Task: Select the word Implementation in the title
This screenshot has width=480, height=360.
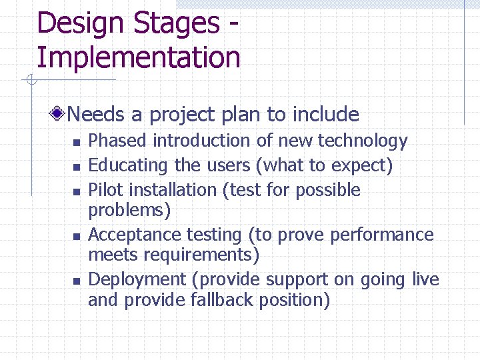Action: (138, 57)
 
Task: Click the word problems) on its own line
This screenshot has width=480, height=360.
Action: (129, 211)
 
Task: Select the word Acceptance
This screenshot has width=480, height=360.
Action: (131, 235)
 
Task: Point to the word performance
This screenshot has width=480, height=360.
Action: (390, 235)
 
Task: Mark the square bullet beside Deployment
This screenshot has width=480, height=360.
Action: (77, 281)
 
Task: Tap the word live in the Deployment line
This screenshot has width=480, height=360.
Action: (425, 279)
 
